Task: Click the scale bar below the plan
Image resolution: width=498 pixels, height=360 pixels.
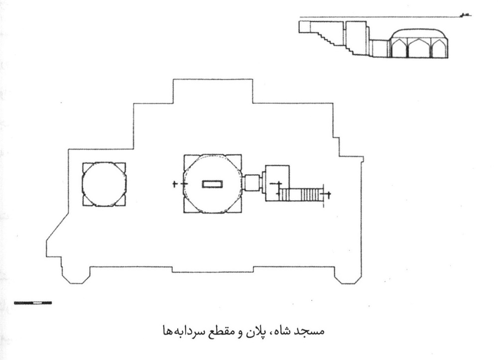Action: point(33,303)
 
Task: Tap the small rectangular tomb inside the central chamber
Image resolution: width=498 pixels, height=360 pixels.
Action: point(213,184)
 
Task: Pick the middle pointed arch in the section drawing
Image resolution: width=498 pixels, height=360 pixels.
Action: point(419,49)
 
